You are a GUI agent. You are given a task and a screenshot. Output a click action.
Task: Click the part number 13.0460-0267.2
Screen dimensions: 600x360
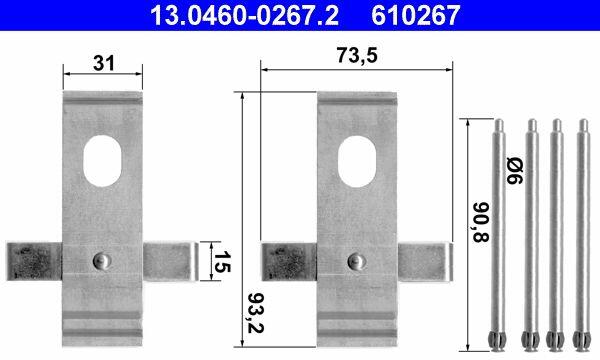(245, 16)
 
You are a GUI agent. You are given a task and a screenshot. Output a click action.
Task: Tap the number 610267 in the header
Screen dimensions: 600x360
(415, 16)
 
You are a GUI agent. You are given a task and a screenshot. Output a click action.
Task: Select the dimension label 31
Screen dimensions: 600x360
(104, 63)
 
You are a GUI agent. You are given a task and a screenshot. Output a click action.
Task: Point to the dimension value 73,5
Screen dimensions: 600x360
(357, 55)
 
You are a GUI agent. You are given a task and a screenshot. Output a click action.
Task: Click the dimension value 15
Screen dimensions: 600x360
(222, 262)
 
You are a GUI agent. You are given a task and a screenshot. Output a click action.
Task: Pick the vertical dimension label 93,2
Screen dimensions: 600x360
(256, 313)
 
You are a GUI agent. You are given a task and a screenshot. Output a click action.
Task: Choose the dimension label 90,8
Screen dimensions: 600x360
(481, 222)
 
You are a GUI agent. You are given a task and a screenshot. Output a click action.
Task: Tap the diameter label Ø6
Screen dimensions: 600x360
(514, 170)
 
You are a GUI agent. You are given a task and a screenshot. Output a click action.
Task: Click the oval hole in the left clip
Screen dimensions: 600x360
(102, 161)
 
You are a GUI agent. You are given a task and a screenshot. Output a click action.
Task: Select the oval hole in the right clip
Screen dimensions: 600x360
(357, 161)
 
